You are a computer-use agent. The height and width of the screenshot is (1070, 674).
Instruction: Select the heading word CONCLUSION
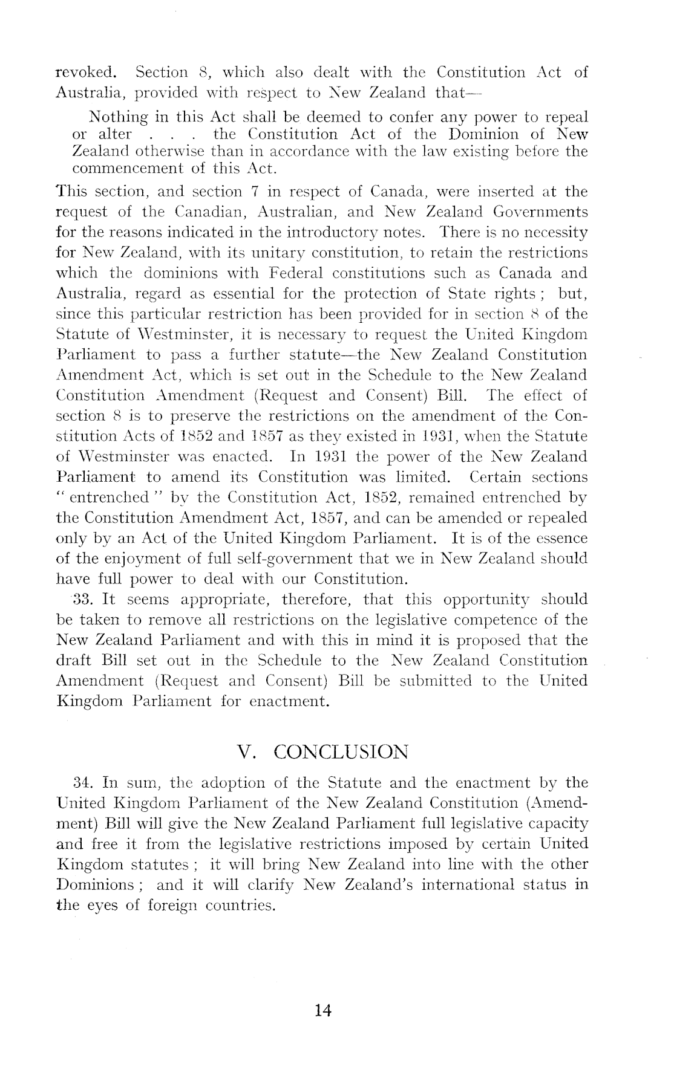click(341, 753)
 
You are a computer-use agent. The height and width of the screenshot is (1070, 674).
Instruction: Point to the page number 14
click(324, 1011)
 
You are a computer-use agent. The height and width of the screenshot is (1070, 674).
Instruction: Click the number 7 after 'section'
click(255, 192)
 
